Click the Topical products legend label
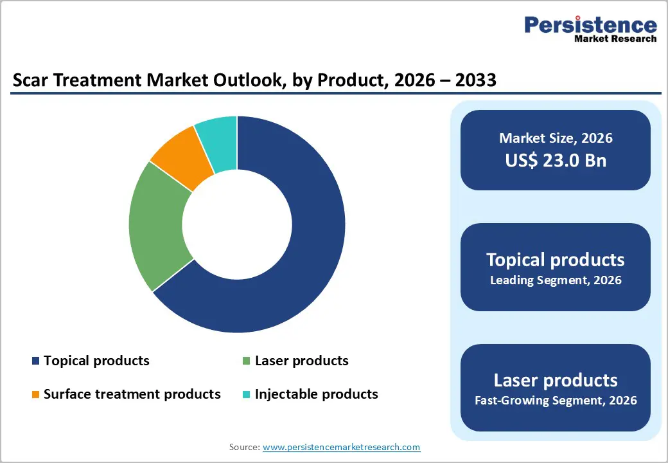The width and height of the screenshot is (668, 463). [96, 361]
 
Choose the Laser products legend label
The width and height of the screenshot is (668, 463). [301, 361]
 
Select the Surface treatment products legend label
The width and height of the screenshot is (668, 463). [132, 394]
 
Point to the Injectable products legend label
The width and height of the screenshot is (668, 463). [316, 394]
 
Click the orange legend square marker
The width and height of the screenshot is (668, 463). [35, 394]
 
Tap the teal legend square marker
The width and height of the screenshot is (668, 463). [246, 394]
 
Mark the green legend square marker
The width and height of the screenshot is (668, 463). [246, 361]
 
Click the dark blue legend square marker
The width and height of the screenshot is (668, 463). [35, 361]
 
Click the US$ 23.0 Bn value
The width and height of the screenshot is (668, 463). [556, 160]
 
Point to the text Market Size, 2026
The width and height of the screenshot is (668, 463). [556, 138]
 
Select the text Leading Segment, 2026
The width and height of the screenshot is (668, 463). [556, 280]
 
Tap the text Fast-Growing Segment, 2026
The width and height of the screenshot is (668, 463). [556, 401]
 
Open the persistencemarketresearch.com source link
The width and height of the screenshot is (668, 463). [341, 447]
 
